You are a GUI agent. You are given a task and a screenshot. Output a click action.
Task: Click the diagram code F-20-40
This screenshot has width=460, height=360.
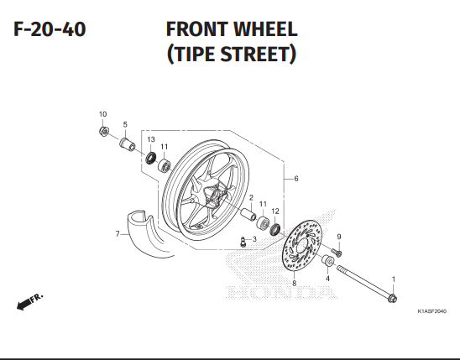(50, 29)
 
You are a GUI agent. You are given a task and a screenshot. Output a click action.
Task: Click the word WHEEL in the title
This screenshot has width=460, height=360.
(265, 29)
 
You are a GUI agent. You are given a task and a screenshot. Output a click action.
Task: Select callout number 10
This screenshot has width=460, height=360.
(102, 114)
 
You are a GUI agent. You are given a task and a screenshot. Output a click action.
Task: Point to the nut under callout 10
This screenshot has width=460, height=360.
(104, 131)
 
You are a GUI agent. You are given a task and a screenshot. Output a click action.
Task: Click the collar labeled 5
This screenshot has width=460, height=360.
(128, 143)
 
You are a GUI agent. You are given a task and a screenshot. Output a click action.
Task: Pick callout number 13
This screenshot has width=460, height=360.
(151, 139)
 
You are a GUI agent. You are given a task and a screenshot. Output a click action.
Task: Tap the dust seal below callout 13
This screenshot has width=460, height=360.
(151, 159)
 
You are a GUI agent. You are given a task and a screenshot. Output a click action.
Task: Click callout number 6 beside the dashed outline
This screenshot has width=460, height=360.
(296, 179)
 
